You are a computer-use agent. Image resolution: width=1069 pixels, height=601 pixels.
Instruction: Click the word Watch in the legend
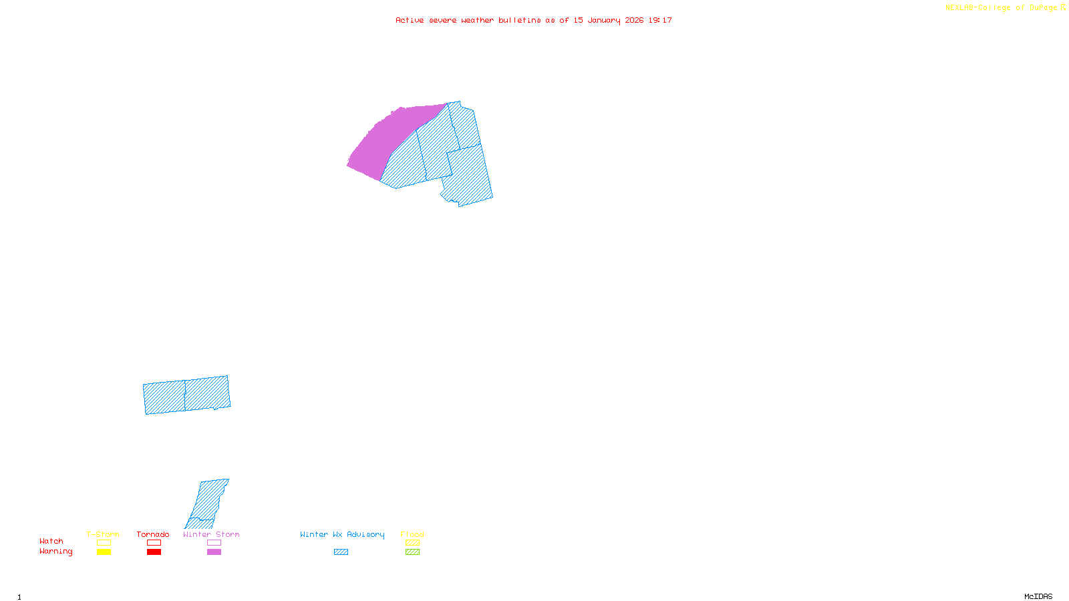click(x=51, y=542)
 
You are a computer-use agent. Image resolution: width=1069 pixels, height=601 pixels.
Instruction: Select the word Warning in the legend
click(x=56, y=552)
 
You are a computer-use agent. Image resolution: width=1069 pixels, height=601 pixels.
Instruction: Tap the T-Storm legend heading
click(x=103, y=534)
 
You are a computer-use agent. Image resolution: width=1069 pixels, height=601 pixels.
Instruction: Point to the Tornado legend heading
click(x=153, y=534)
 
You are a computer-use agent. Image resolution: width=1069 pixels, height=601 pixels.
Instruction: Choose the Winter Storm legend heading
click(x=211, y=534)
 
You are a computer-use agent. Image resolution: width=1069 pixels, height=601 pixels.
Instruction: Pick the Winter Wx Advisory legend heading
click(x=342, y=534)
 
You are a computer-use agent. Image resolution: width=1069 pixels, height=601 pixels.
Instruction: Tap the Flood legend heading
click(x=412, y=534)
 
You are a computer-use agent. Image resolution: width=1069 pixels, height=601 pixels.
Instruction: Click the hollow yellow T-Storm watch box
click(x=104, y=543)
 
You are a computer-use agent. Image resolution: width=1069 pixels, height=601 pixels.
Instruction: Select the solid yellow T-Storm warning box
click(x=104, y=552)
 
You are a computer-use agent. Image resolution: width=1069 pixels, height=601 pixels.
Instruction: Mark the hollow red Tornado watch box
click(x=154, y=543)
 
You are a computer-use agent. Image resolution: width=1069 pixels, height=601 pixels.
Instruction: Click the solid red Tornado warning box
click(x=154, y=552)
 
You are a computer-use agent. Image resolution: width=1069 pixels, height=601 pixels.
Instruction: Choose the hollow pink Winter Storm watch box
click(x=214, y=543)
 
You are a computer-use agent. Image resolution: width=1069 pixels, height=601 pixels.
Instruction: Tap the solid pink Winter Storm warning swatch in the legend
click(x=214, y=552)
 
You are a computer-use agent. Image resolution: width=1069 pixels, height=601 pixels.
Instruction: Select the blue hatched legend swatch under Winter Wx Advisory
click(x=341, y=552)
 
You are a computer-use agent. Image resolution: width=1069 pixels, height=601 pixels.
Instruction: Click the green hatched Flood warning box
click(x=412, y=552)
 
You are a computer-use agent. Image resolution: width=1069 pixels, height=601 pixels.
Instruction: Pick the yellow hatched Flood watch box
click(x=412, y=543)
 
